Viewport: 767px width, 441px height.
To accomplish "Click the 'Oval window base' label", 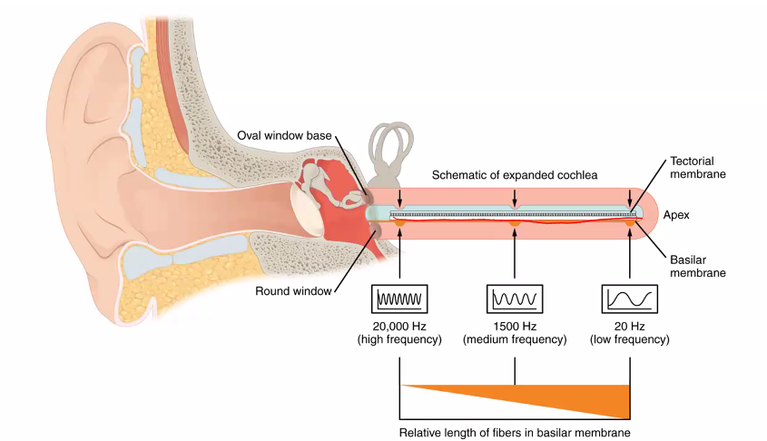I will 284,135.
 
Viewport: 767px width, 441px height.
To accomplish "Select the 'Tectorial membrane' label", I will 697,166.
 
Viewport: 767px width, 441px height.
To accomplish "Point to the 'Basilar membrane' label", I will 697,264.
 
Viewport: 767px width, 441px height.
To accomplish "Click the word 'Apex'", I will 677,215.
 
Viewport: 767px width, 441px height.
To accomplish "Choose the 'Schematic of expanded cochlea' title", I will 514,174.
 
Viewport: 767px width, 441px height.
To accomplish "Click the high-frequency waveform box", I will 400,298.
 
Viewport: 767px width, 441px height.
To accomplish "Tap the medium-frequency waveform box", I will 515,298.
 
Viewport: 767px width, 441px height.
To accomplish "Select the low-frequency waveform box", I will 629,298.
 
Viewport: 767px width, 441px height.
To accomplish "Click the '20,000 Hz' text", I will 400,326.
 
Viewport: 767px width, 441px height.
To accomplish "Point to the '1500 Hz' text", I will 515,326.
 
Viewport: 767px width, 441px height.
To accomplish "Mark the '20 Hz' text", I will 629,326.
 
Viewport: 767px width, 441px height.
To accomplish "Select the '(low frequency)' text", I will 629,340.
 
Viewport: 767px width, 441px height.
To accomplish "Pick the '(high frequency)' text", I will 400,340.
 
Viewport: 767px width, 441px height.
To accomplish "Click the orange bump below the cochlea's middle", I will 515,222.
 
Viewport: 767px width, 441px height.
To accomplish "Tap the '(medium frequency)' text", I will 515,340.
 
